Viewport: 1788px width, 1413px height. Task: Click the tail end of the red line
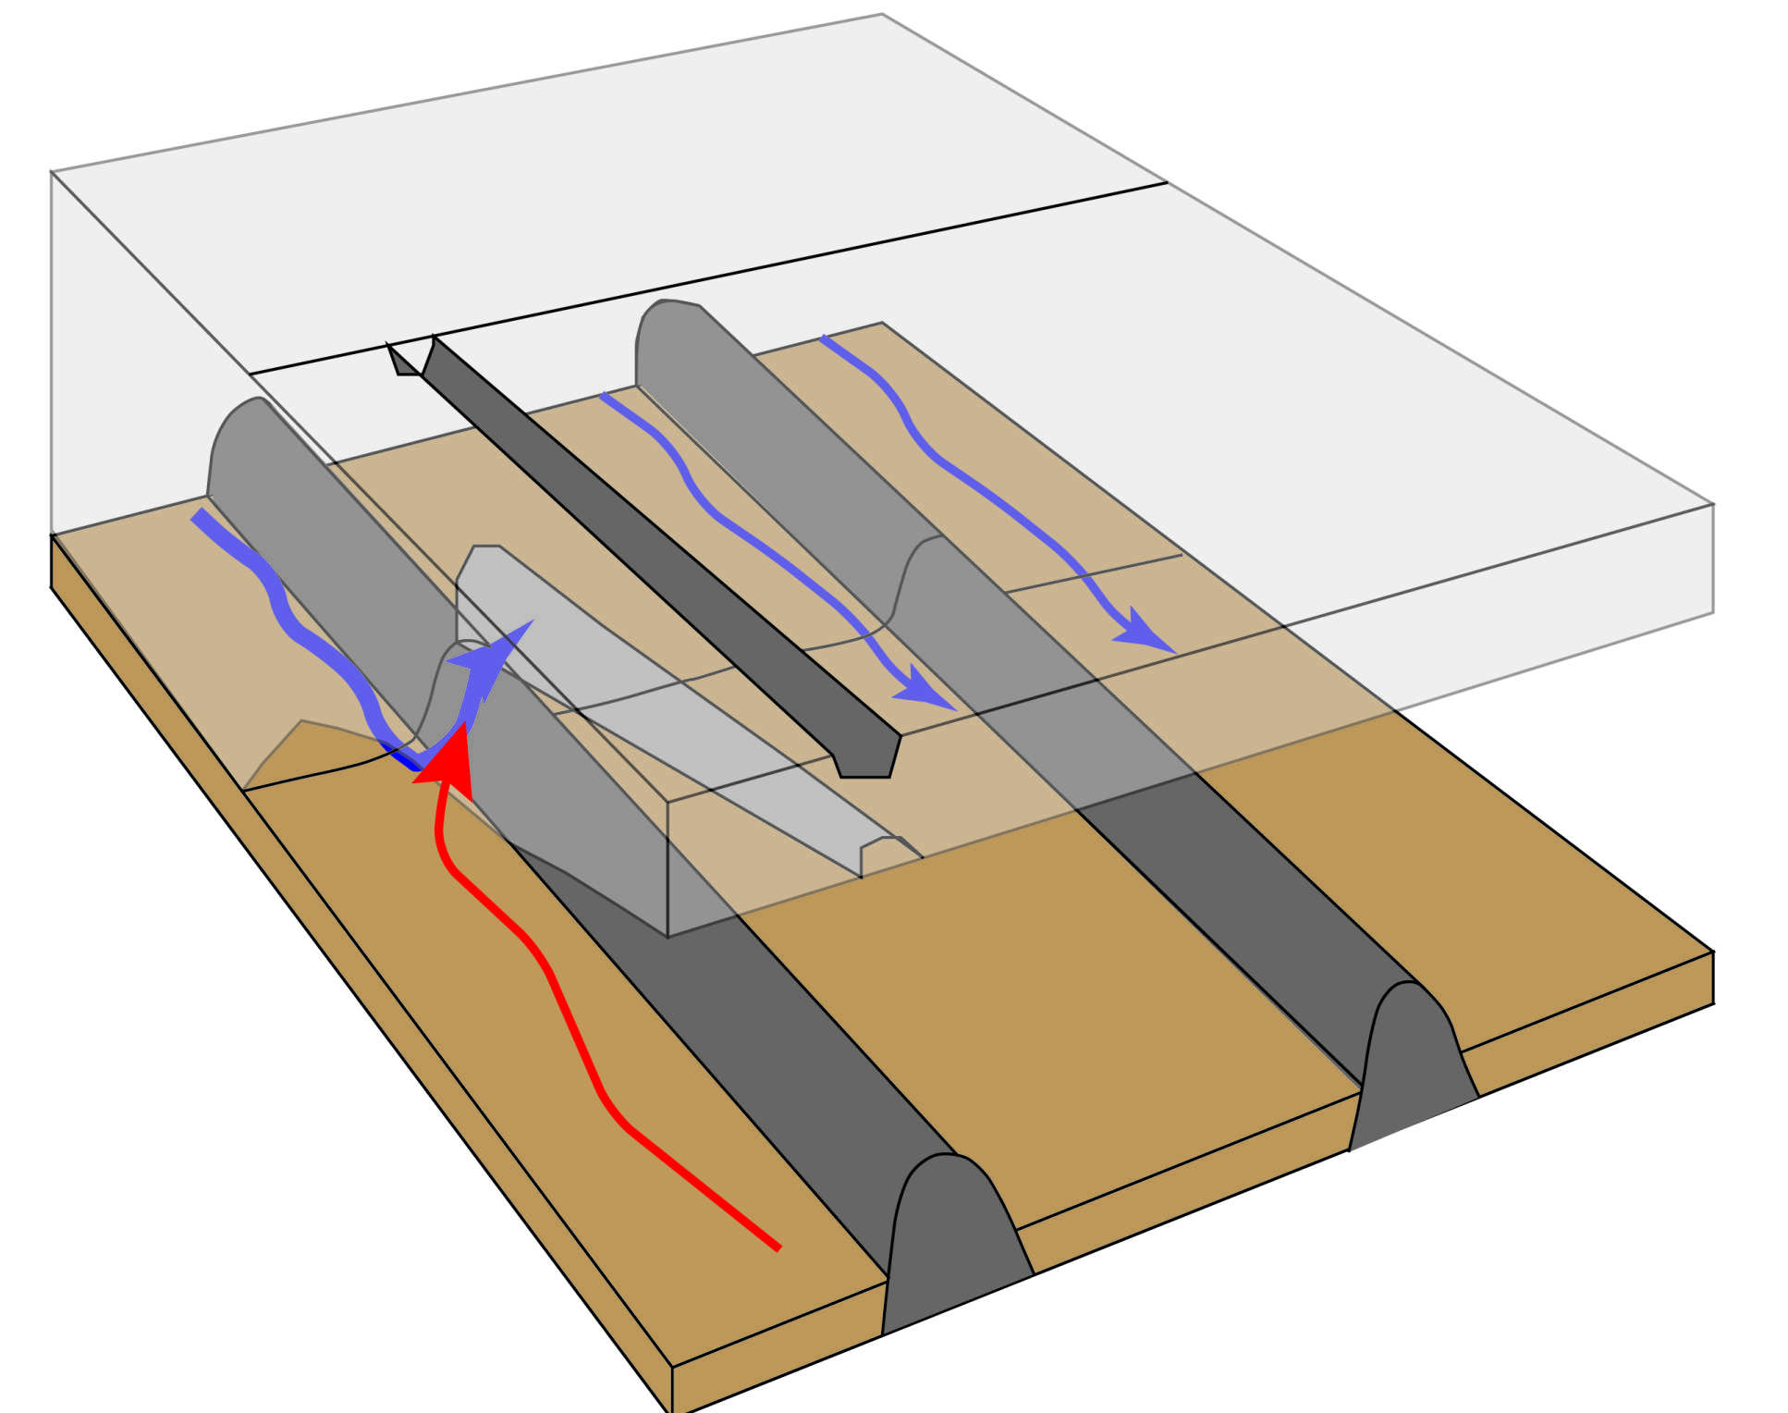777,1247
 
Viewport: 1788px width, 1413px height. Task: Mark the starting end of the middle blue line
603,396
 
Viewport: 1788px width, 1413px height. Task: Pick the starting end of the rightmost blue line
823,338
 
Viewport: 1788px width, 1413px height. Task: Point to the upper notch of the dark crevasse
410,357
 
